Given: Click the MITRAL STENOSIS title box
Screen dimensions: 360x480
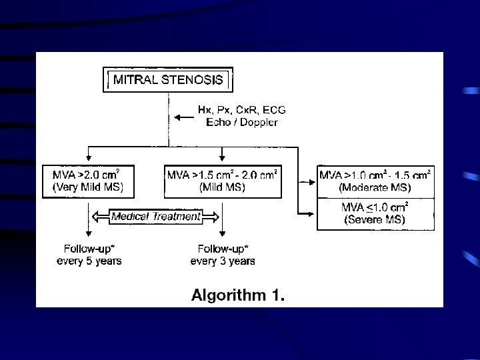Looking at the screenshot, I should (x=169, y=81).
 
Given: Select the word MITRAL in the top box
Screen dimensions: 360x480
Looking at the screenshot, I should (x=136, y=81).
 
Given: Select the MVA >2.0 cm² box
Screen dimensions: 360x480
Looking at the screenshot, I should (x=87, y=181).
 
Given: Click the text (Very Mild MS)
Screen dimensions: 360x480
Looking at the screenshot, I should (x=87, y=188).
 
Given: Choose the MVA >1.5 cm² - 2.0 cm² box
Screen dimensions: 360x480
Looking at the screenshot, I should (x=222, y=181).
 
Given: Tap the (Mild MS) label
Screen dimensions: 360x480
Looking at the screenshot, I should (x=222, y=188).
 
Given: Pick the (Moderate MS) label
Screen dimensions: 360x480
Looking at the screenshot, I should (x=375, y=187).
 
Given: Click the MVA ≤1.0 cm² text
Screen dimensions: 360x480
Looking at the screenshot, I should (x=375, y=207).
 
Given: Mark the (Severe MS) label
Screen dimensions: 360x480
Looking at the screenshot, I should (x=375, y=219).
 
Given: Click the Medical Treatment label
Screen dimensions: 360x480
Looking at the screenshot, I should (x=155, y=217).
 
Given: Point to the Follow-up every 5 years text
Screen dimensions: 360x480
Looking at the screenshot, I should (x=89, y=255).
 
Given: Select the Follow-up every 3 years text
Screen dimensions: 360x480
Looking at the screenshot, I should (x=222, y=255).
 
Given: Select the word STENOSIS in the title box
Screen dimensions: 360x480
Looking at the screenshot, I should (x=196, y=81).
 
